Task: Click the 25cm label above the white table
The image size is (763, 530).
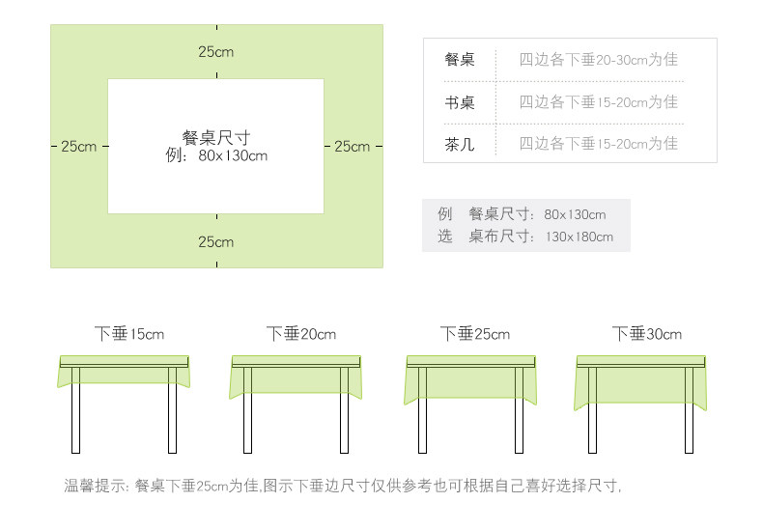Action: (216, 51)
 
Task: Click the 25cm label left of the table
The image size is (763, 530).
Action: (78, 147)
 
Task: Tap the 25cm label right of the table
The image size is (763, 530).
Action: (352, 147)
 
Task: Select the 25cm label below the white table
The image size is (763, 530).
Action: (216, 241)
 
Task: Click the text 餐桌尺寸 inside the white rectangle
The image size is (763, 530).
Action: (216, 138)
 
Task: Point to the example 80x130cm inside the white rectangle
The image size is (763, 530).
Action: (233, 155)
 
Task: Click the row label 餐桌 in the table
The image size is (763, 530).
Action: (460, 60)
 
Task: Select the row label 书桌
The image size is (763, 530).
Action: (460, 102)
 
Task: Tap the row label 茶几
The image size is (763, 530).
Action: (460, 144)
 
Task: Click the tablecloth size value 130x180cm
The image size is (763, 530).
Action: (579, 236)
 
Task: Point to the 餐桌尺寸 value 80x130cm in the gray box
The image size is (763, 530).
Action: (575, 214)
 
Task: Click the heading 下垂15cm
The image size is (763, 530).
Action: (129, 334)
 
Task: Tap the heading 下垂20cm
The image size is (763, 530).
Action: (301, 334)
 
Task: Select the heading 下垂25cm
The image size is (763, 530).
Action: (474, 334)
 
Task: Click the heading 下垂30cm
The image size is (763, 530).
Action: (646, 334)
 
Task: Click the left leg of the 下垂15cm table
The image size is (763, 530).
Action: (76, 410)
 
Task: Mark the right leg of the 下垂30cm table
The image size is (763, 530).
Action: (689, 410)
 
